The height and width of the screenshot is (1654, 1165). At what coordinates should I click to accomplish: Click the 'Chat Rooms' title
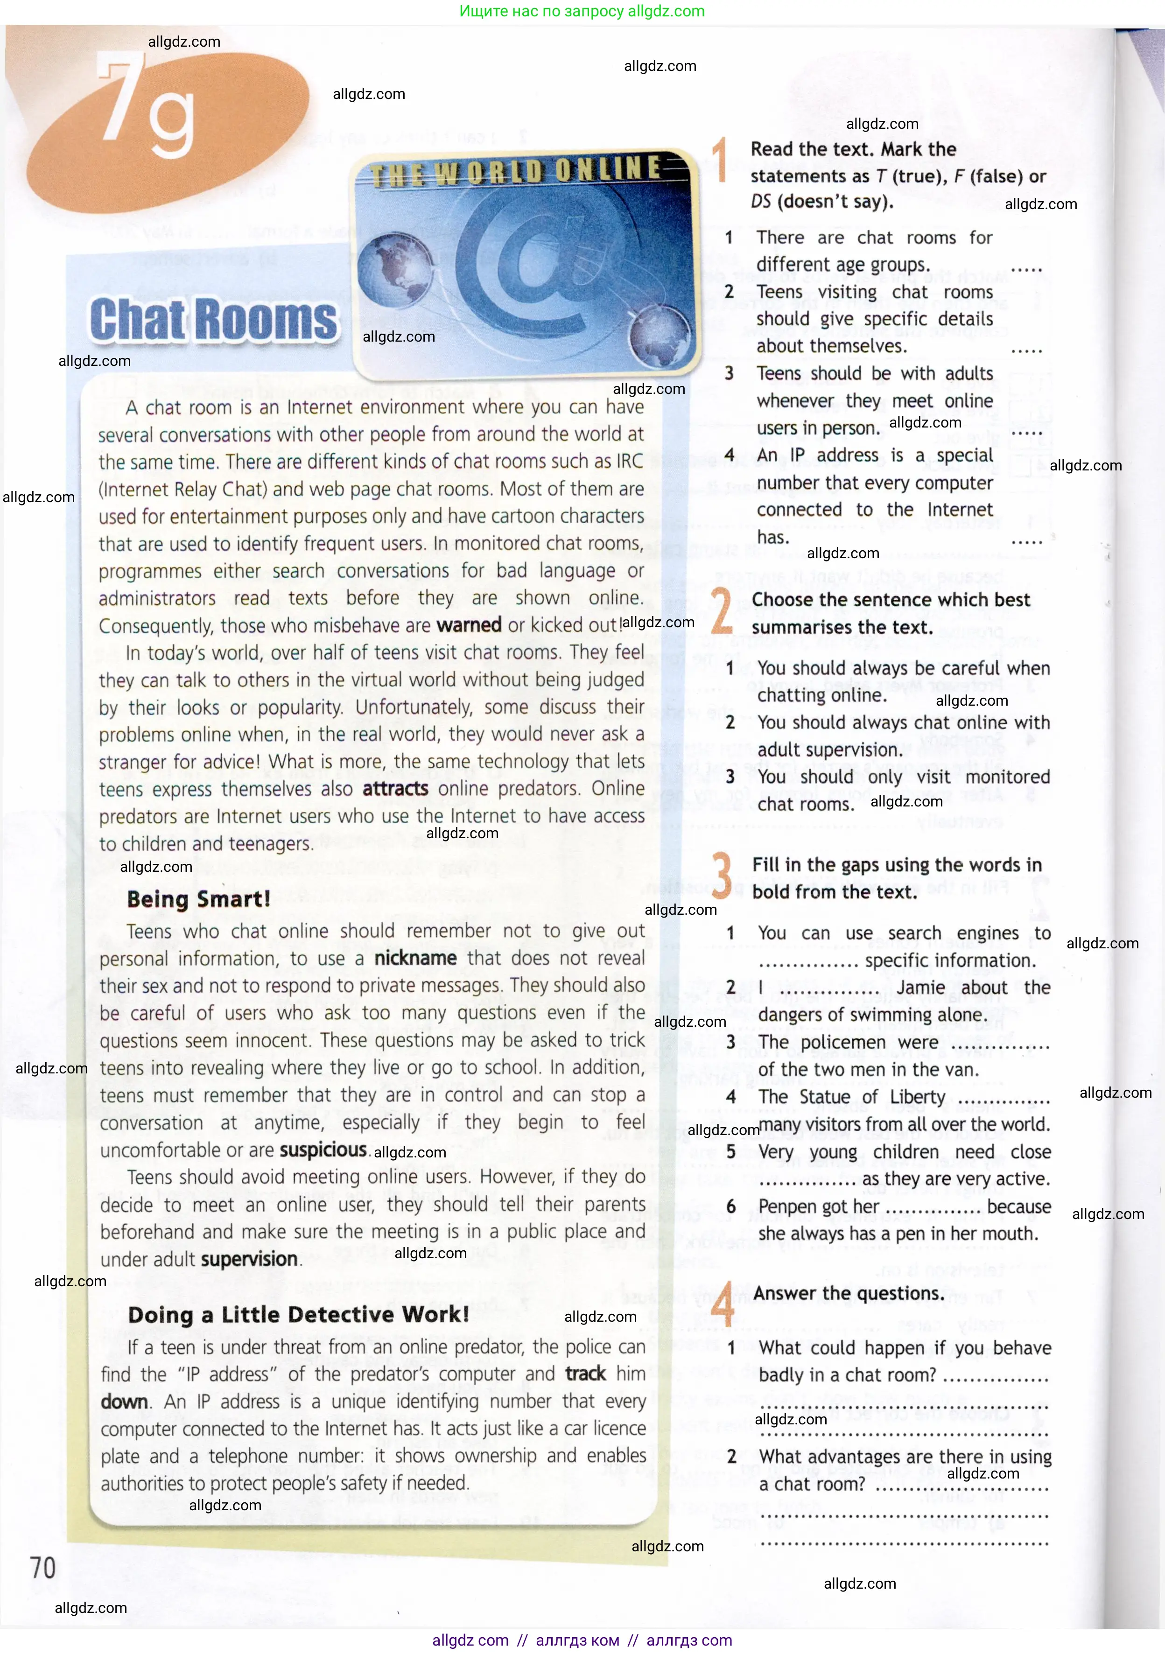click(x=214, y=319)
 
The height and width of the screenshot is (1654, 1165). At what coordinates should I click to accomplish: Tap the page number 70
click(x=42, y=1568)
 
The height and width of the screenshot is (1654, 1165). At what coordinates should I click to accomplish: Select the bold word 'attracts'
click(x=395, y=789)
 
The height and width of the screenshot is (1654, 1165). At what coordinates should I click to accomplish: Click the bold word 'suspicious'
click(x=323, y=1150)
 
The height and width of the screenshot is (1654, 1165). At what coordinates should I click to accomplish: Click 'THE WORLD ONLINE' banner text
click(x=516, y=171)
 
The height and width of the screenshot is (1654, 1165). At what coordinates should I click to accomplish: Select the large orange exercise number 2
click(x=721, y=611)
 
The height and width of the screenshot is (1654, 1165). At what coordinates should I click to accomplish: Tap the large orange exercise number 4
click(x=723, y=1304)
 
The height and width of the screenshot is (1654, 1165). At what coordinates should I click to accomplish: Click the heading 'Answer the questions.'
click(x=849, y=1294)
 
